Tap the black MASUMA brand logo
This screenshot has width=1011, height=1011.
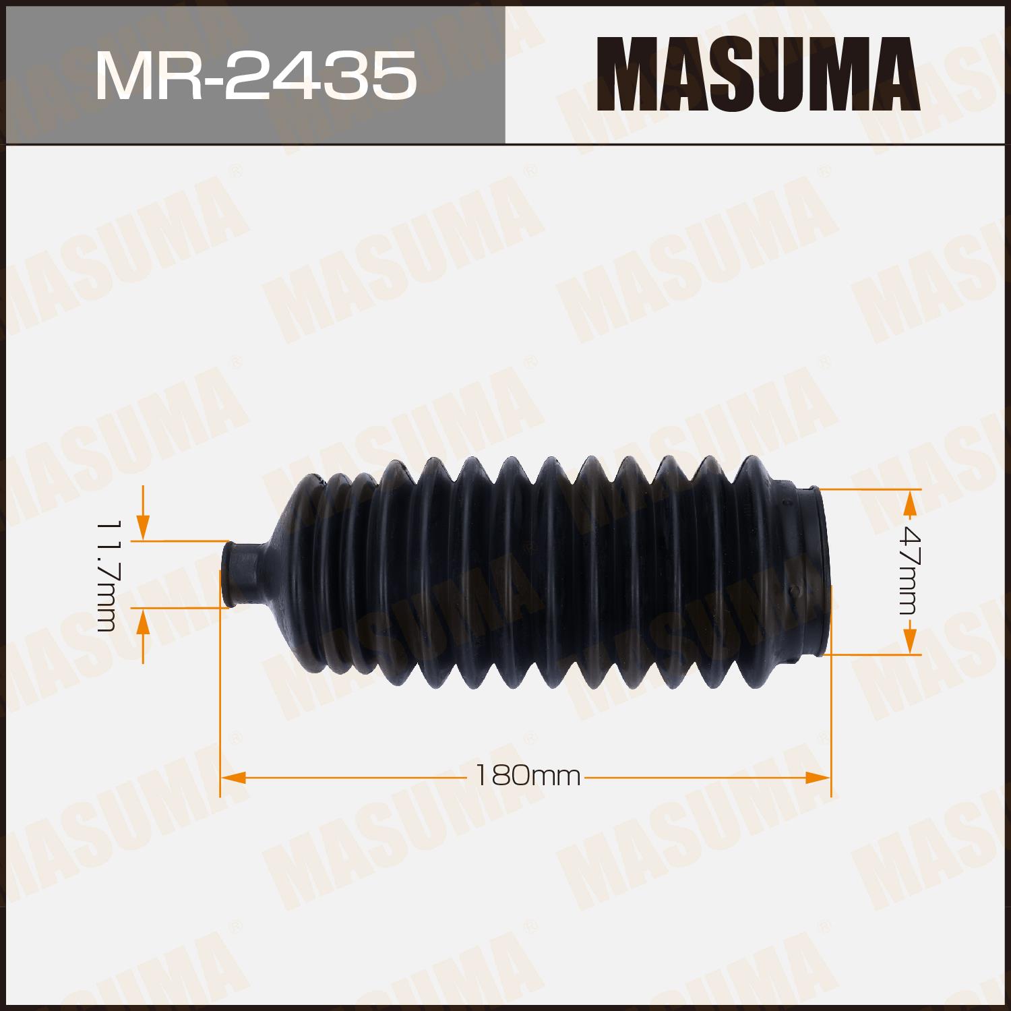[758, 74]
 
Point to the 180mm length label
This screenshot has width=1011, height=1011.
[528, 776]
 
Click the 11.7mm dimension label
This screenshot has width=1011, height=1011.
[108, 576]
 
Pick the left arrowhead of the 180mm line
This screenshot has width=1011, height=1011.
[233, 777]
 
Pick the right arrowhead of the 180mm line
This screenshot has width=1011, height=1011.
[818, 777]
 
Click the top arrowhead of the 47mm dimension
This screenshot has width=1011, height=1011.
[910, 502]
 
